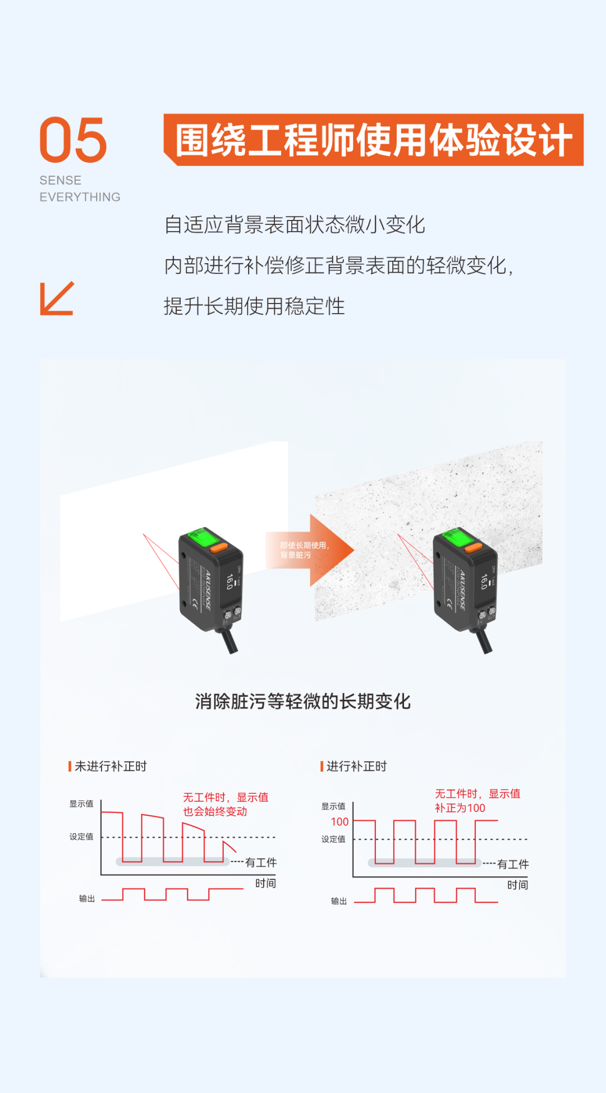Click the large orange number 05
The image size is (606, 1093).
pyautogui.click(x=73, y=140)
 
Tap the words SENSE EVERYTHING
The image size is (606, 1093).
pyautogui.click(x=80, y=189)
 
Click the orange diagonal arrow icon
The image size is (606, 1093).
pyautogui.click(x=57, y=298)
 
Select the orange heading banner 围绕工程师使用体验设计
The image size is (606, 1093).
pyautogui.click(x=373, y=140)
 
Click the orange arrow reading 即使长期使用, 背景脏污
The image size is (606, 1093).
pyautogui.click(x=309, y=550)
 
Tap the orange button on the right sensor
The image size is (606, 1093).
pyautogui.click(x=473, y=547)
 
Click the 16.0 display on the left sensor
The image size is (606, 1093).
pyautogui.click(x=229, y=582)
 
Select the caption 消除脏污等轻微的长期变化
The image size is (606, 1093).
pyautogui.click(x=303, y=701)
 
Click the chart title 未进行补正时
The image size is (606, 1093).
pyautogui.click(x=111, y=766)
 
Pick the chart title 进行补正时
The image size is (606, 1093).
pyautogui.click(x=357, y=766)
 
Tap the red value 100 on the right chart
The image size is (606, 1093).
pyautogui.click(x=339, y=822)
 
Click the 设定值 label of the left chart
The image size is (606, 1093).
pyautogui.click(x=81, y=837)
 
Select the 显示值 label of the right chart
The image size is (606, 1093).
pyautogui.click(x=333, y=806)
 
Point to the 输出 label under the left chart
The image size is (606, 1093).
pyautogui.click(x=87, y=899)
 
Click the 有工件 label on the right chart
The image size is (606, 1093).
pyautogui.click(x=513, y=864)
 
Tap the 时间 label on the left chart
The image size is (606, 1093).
pyautogui.click(x=265, y=883)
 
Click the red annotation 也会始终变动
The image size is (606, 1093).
pyautogui.click(x=215, y=811)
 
